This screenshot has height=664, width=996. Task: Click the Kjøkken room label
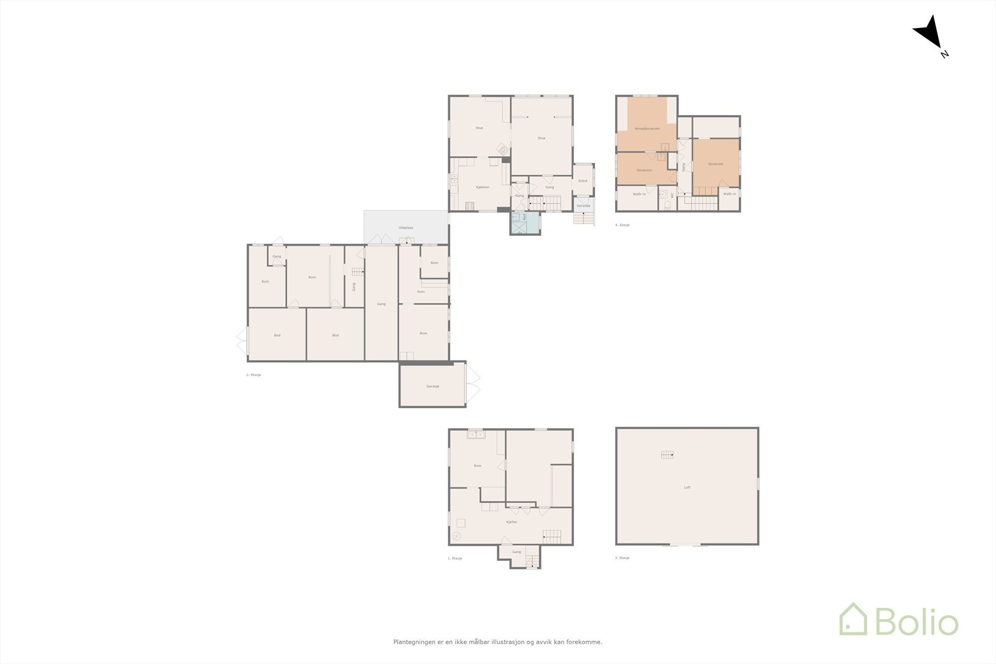(482, 187)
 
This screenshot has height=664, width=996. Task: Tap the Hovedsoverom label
(647, 129)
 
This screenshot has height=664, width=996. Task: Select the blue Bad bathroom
(525, 223)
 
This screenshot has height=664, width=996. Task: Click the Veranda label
(583, 206)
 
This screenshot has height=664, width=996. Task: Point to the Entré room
(583, 180)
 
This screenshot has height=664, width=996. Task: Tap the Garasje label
(433, 386)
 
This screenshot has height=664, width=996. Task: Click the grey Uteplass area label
(406, 228)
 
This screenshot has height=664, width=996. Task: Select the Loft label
(687, 487)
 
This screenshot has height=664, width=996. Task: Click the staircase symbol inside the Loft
(667, 455)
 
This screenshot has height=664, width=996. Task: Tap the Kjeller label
(512, 522)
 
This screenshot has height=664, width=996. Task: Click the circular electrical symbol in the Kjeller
(456, 536)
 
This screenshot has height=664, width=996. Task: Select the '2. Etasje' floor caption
(253, 375)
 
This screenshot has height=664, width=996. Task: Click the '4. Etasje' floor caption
(622, 225)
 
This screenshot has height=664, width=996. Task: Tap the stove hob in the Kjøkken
(469, 205)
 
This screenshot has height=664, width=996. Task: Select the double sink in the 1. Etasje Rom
(476, 434)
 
